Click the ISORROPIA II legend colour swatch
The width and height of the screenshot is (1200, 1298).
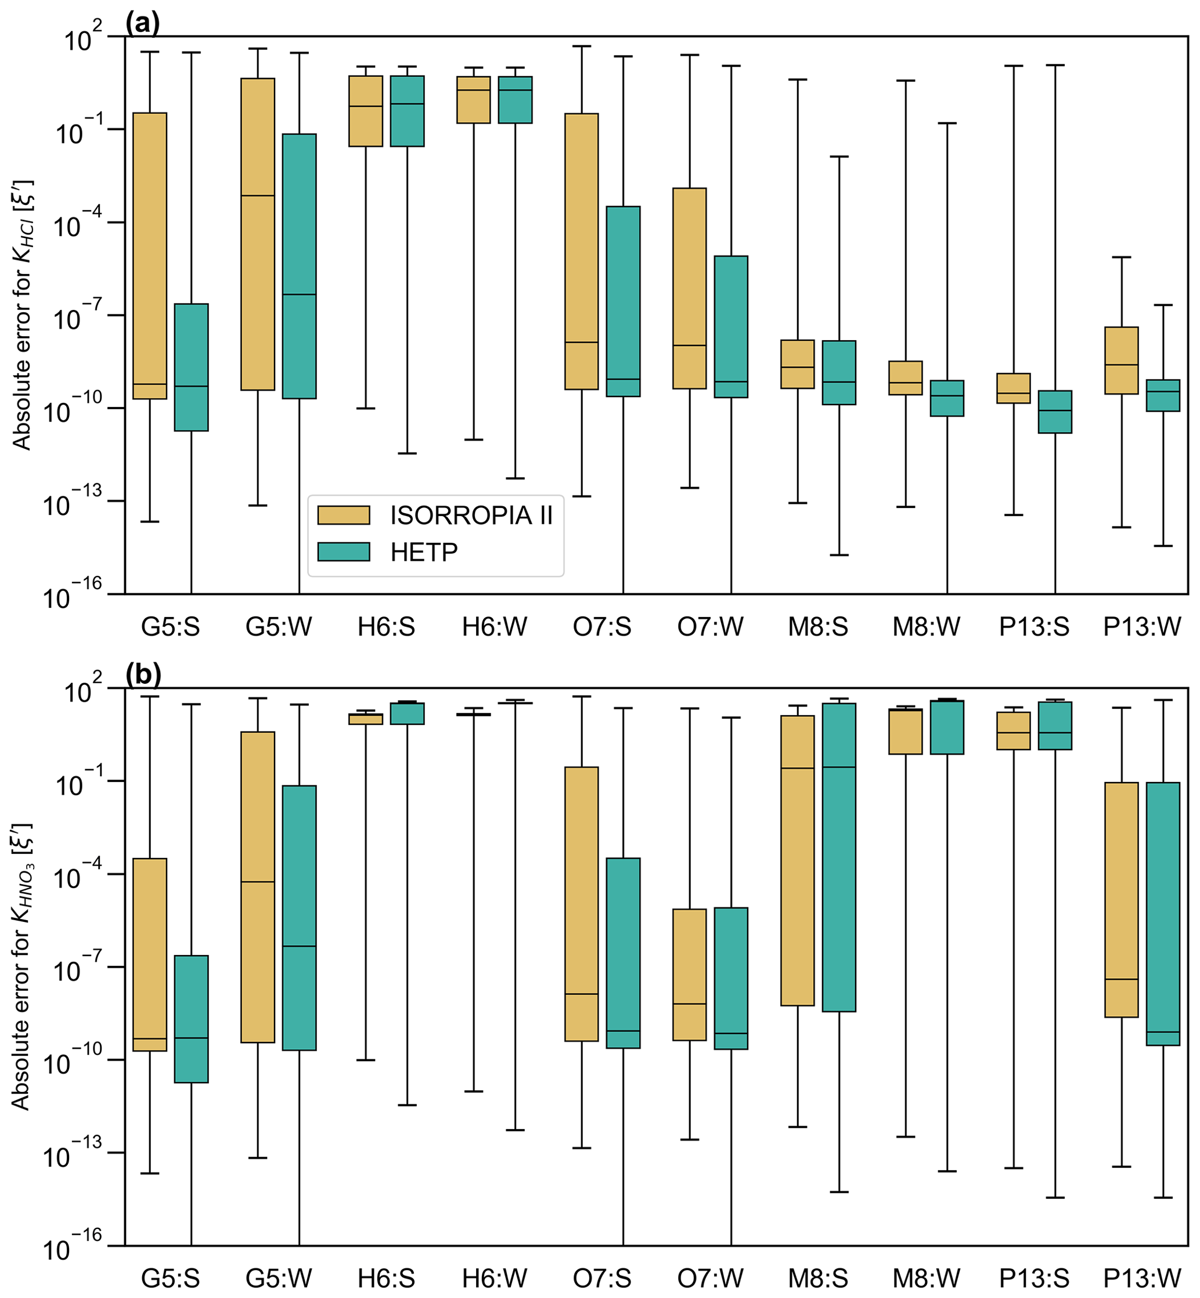click(x=344, y=515)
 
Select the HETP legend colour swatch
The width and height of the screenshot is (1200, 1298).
click(x=344, y=552)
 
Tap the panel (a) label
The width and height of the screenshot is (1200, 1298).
click(x=142, y=24)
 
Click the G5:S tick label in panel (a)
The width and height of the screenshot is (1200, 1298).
click(x=171, y=628)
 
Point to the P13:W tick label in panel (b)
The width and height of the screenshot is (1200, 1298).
click(x=1141, y=1278)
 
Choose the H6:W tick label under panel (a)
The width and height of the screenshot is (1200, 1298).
click(x=494, y=628)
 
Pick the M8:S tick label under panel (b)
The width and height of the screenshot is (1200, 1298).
click(x=817, y=1278)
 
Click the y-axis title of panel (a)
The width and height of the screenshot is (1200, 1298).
click(x=23, y=315)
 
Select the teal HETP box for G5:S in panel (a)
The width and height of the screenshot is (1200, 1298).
click(x=192, y=367)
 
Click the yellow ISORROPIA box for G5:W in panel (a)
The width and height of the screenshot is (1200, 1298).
click(x=258, y=234)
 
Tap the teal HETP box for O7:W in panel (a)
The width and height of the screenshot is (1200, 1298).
click(x=731, y=327)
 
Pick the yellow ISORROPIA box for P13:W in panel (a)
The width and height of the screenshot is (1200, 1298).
click(x=1122, y=360)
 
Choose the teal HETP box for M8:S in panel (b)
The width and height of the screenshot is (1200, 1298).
click(x=839, y=857)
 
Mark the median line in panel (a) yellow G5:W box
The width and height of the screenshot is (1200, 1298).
click(x=258, y=196)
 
